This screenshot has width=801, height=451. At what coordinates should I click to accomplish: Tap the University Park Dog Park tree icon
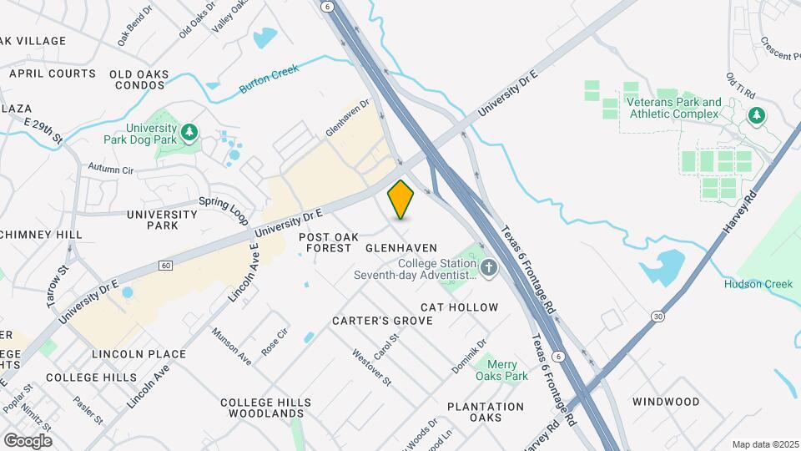[190, 131]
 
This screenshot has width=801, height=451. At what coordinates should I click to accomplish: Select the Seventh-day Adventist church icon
[489, 267]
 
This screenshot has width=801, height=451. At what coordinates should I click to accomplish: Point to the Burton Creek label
[269, 80]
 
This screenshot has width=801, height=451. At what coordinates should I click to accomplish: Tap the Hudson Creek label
[758, 284]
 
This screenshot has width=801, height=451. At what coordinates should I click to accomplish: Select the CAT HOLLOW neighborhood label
[460, 307]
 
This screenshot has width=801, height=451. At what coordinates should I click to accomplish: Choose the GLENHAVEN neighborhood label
[401, 248]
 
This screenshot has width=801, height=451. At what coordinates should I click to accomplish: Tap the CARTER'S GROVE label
[382, 321]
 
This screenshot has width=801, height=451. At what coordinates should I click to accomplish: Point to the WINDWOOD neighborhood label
[665, 402]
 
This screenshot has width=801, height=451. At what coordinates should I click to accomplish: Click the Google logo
[28, 440]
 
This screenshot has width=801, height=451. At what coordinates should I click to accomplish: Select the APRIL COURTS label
[53, 73]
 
